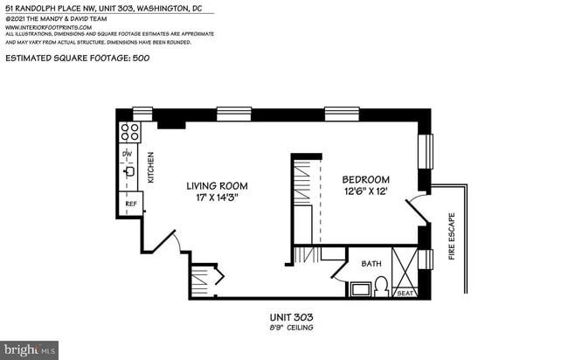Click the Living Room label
pos(216,185)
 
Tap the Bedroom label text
pos(364,179)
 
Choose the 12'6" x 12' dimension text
pos(364,191)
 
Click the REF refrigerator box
pos(130,204)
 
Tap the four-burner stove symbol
pos(129,132)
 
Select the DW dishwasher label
pos(128,154)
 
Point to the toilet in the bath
pos(381,286)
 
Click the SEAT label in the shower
pos(405,293)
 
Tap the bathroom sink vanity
pos(359,288)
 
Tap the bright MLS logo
pos(29,350)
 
